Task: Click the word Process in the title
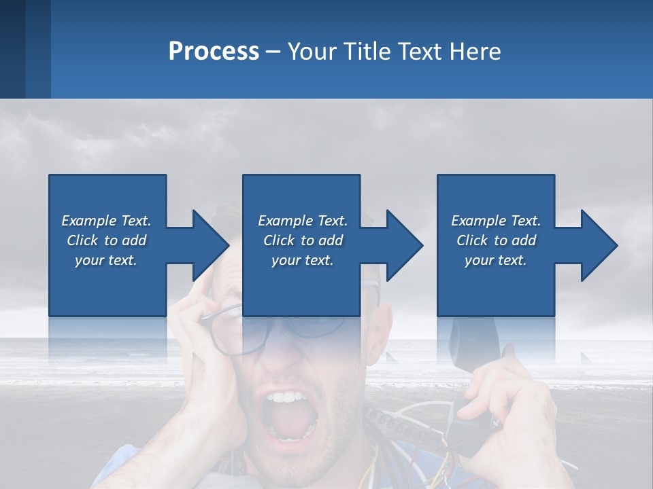(x=214, y=51)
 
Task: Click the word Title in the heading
(x=364, y=51)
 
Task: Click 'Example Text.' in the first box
(x=106, y=221)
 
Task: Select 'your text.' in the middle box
(x=302, y=260)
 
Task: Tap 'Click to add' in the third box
(x=496, y=240)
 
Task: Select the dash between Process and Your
(x=273, y=52)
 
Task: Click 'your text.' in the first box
(x=106, y=260)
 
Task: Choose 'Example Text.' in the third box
(x=496, y=221)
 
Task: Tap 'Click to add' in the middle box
(x=302, y=240)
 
